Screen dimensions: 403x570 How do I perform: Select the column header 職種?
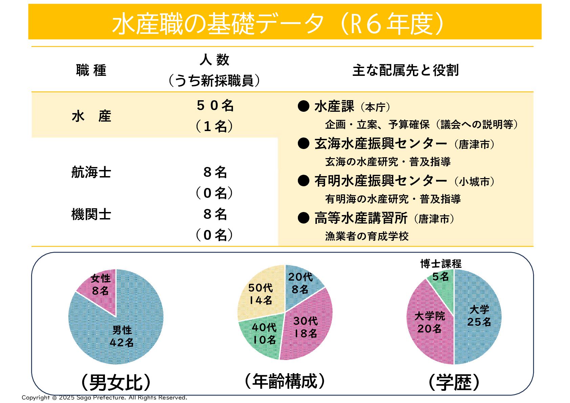[x=91, y=70]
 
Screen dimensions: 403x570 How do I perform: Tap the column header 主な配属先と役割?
[x=405, y=70]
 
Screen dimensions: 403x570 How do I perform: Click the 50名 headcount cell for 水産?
[x=215, y=106]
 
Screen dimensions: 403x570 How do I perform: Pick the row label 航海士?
[x=91, y=172]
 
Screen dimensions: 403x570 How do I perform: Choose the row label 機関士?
[x=91, y=214]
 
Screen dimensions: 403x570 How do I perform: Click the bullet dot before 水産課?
[x=303, y=106]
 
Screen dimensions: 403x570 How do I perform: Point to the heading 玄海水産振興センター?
[x=380, y=144]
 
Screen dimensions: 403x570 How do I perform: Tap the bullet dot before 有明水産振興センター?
[x=303, y=181]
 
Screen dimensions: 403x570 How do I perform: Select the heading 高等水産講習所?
[x=360, y=218]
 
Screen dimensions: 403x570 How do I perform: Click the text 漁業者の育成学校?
[x=367, y=236]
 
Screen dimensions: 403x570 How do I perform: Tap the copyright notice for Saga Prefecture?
[x=104, y=398]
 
